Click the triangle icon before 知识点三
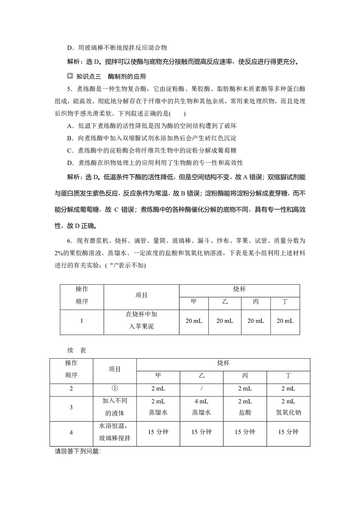tap(70, 76)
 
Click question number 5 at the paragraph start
tap(69, 89)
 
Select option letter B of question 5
tap(70, 138)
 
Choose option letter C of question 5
tap(70, 150)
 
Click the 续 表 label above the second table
tap(77, 350)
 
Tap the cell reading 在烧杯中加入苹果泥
tap(141, 320)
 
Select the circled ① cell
tap(114, 388)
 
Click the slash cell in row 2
tap(201, 389)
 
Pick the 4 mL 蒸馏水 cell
tap(201, 407)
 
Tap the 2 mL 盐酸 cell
tap(245, 407)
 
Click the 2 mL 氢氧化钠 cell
tap(288, 407)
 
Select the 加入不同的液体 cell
tap(114, 407)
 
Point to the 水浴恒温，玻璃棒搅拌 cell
tap(114, 432)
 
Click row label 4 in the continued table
tap(71, 432)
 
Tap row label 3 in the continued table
tap(71, 407)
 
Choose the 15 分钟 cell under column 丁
tap(288, 432)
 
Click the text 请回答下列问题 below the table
tap(78, 451)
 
